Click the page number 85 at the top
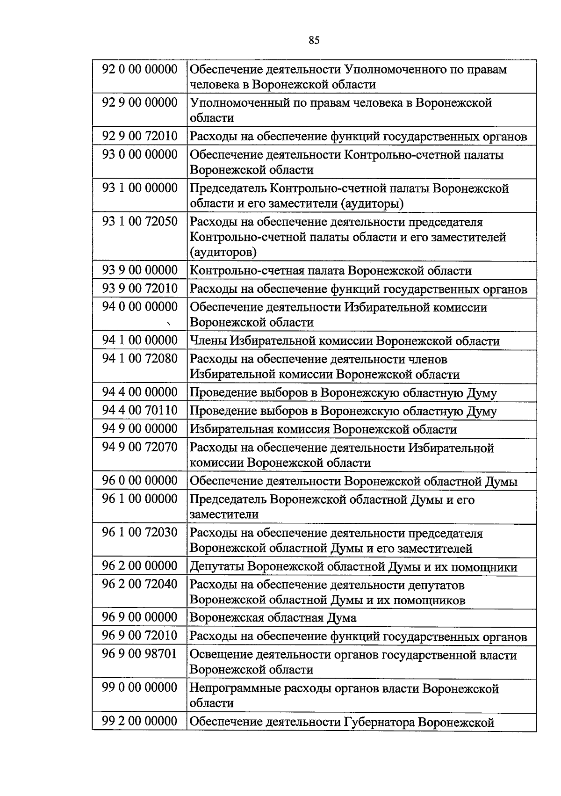point(314,40)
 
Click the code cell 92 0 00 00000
point(140,69)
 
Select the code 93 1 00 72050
point(140,221)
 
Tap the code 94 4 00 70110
point(140,410)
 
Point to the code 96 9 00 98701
point(140,654)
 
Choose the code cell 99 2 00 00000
point(140,721)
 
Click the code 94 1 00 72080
point(140,358)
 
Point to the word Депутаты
point(216,567)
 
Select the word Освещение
point(220,655)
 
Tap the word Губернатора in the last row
point(379,722)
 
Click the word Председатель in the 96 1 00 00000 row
point(228,499)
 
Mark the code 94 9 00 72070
point(140,447)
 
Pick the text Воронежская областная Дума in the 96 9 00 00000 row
point(273,618)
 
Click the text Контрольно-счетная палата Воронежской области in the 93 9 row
point(330,271)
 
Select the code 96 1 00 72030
point(140,532)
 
